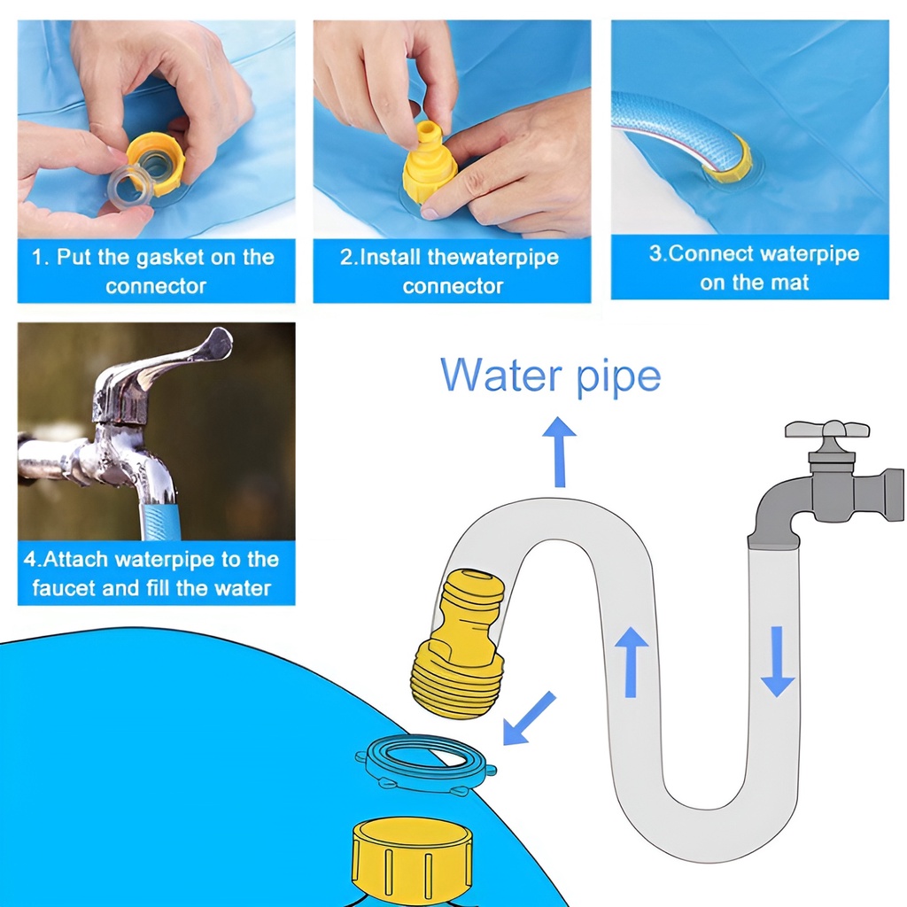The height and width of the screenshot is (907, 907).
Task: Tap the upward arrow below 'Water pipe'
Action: coord(560,452)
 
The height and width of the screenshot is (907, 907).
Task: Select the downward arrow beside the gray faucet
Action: coord(777,661)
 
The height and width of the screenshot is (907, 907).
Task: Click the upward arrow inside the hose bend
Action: coord(631,663)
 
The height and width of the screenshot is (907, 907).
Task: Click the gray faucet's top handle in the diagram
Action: coord(826,430)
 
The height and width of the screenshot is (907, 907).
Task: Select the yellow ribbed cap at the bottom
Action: coord(413,864)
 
